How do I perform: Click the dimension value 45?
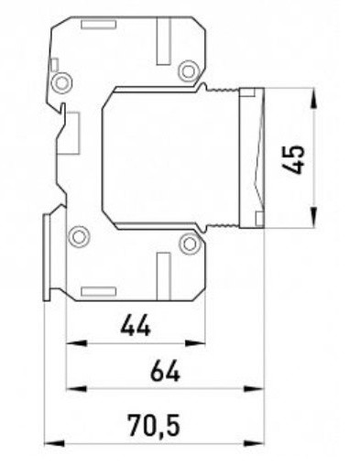point(294,159)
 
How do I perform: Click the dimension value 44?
point(136,325)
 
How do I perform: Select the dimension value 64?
point(165,371)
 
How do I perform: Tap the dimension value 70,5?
point(154,425)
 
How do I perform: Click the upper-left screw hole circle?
point(61,82)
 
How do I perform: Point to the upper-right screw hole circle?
point(189,71)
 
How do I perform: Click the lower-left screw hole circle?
point(79,236)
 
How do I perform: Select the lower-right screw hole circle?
point(190,243)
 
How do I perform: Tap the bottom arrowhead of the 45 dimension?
point(314,217)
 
